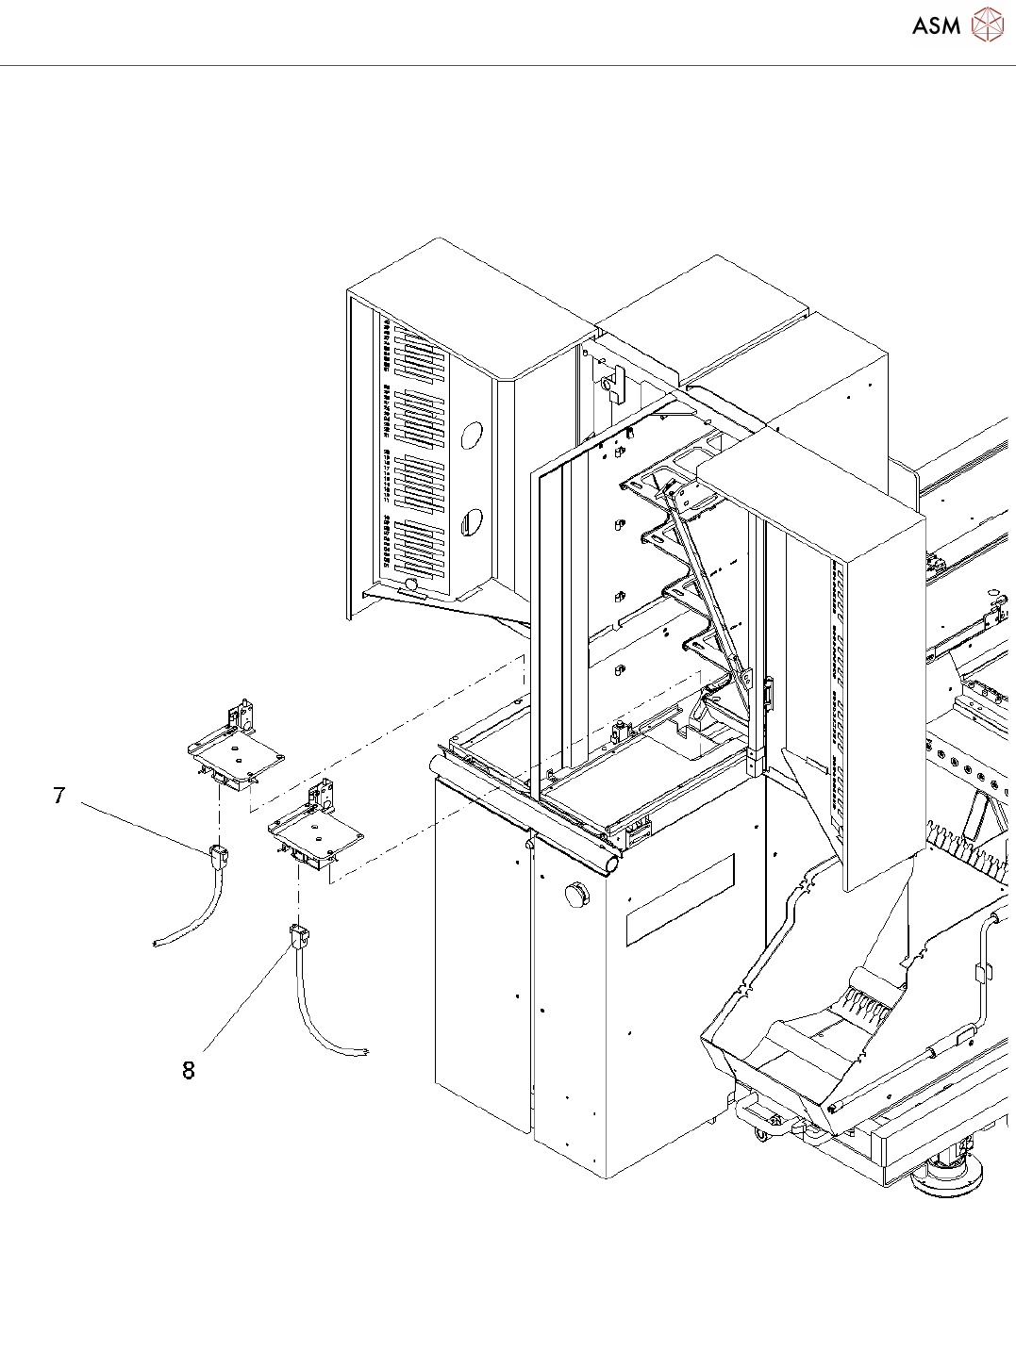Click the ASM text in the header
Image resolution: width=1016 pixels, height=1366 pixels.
(x=936, y=25)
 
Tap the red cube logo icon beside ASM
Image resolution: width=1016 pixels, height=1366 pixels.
(x=988, y=25)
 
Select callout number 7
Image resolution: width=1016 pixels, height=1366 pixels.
(x=59, y=796)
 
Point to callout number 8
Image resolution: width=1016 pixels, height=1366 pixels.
(x=189, y=1070)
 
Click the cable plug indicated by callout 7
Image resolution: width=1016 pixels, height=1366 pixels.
(x=218, y=856)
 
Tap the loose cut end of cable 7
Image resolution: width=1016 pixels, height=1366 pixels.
(x=158, y=943)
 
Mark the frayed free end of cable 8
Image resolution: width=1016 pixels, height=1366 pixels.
(x=363, y=1052)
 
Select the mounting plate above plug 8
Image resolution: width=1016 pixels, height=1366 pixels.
(x=317, y=832)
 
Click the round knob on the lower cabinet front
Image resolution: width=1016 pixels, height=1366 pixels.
(x=575, y=894)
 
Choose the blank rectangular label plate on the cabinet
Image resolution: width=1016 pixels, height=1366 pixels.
(x=679, y=899)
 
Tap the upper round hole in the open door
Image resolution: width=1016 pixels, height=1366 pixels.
(x=471, y=435)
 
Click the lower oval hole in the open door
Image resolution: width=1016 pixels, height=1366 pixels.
(x=471, y=521)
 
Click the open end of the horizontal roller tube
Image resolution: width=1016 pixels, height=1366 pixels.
(x=611, y=862)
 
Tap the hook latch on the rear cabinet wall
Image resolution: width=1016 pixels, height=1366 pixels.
(x=614, y=384)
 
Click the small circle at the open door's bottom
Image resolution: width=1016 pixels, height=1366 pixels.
(x=411, y=585)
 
